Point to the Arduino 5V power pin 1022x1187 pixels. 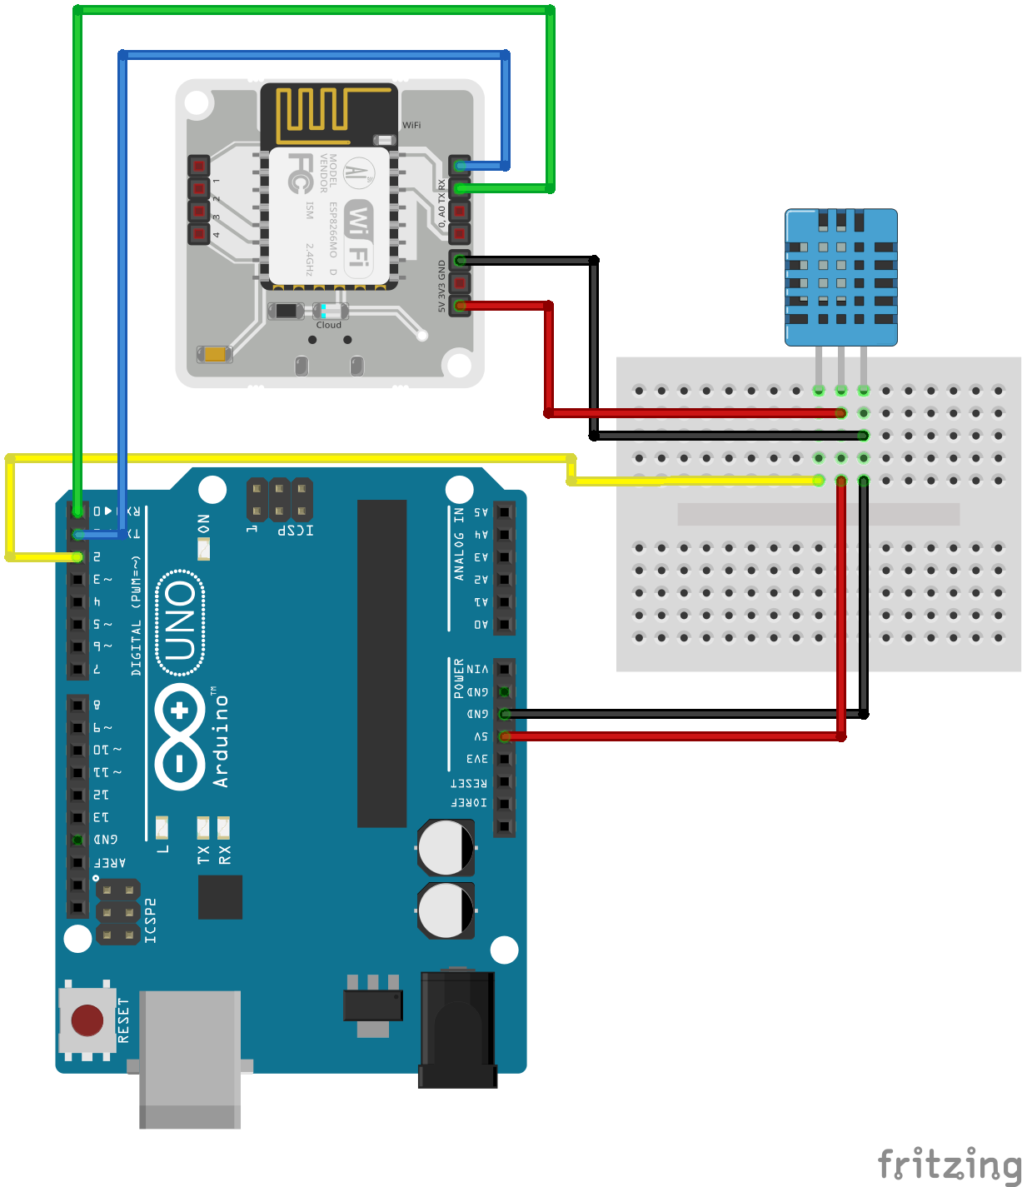504,736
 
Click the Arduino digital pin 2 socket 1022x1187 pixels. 77,556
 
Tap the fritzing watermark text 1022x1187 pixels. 949,1164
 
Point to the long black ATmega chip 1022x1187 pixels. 382,663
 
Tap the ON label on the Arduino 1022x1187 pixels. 204,524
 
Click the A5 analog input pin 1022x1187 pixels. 504,512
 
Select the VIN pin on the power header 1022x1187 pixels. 504,669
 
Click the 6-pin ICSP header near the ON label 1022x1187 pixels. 280,499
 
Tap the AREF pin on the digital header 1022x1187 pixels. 77,862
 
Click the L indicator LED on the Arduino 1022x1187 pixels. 162,828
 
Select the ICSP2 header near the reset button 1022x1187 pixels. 118,913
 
